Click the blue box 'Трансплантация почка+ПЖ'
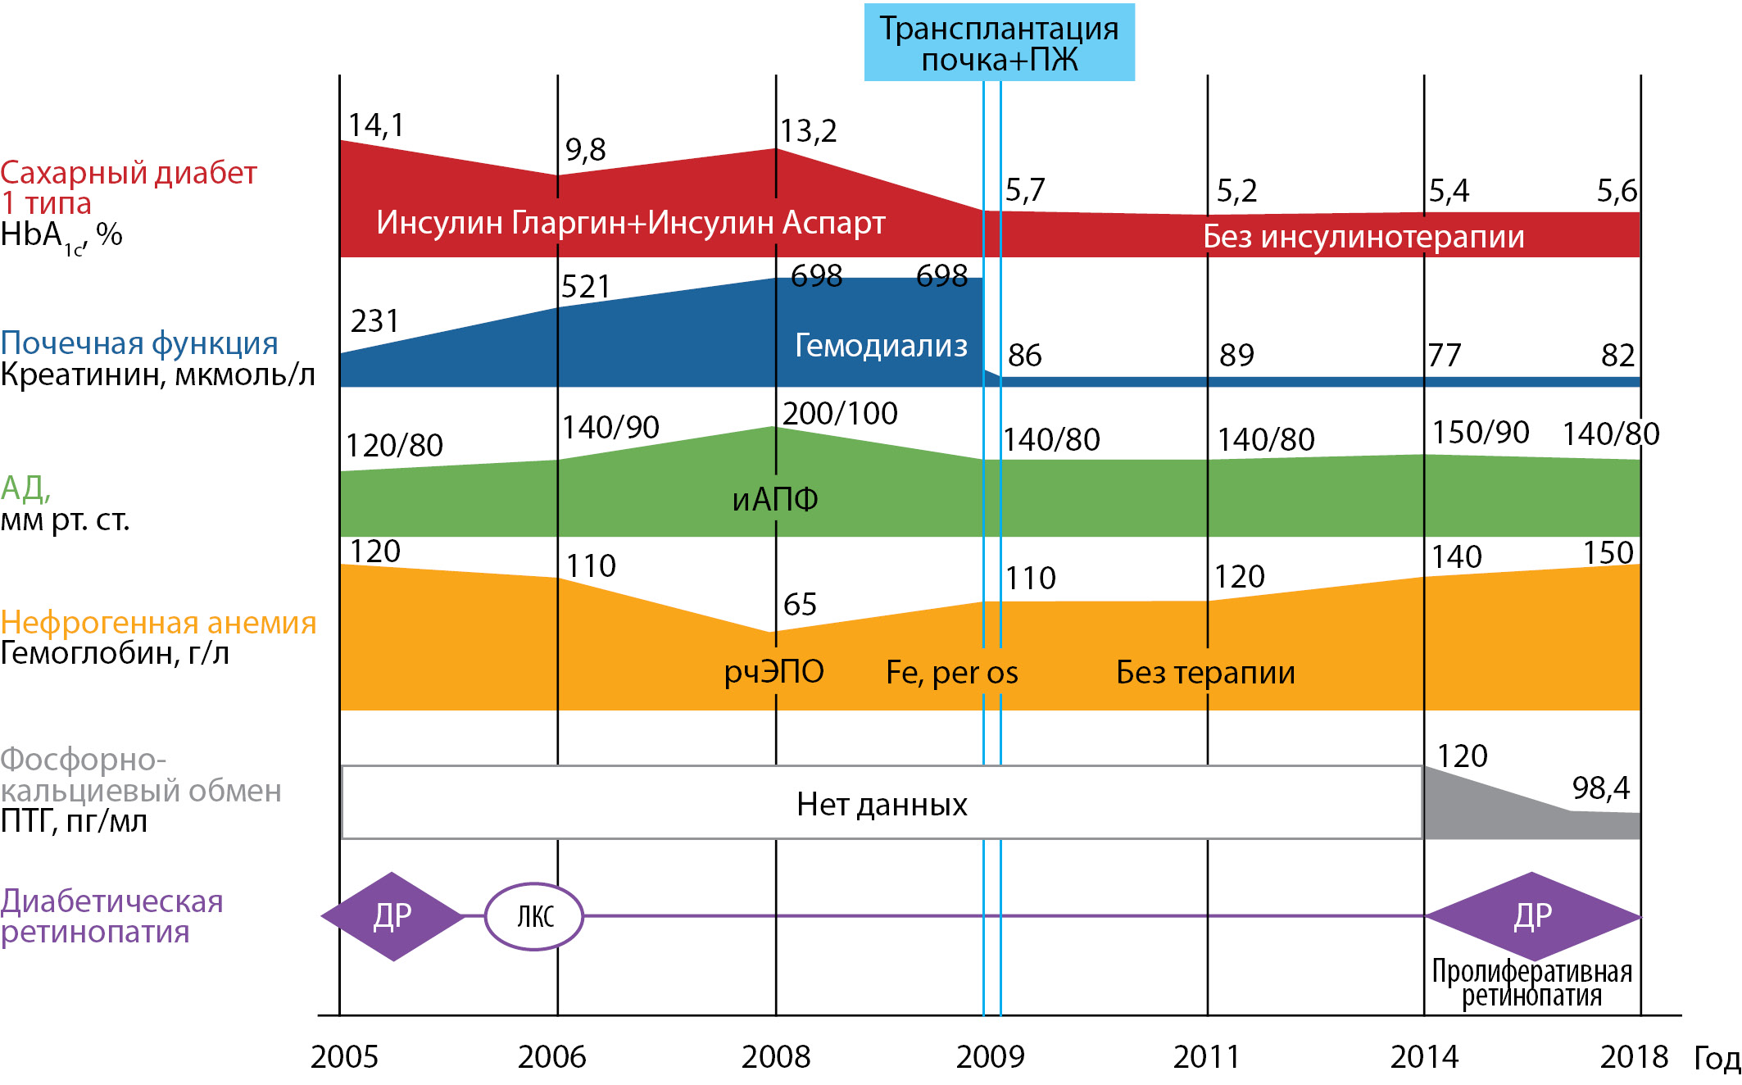[999, 43]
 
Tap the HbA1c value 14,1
[376, 125]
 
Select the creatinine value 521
[586, 287]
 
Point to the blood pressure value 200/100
[840, 414]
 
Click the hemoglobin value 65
[800, 605]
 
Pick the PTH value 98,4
[1600, 788]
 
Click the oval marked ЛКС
[534, 916]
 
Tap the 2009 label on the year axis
[990, 1057]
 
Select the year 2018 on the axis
[1634, 1057]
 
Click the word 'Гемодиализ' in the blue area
[881, 346]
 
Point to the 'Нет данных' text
[882, 805]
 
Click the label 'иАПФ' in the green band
[775, 499]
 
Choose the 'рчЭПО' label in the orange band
[773, 672]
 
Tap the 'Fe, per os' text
[951, 673]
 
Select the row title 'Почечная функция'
[139, 343]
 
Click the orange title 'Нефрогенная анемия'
[158, 623]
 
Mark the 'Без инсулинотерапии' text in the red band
[1363, 237]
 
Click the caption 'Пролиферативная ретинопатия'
[1531, 983]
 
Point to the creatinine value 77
[1445, 356]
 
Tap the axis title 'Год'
[1717, 1059]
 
